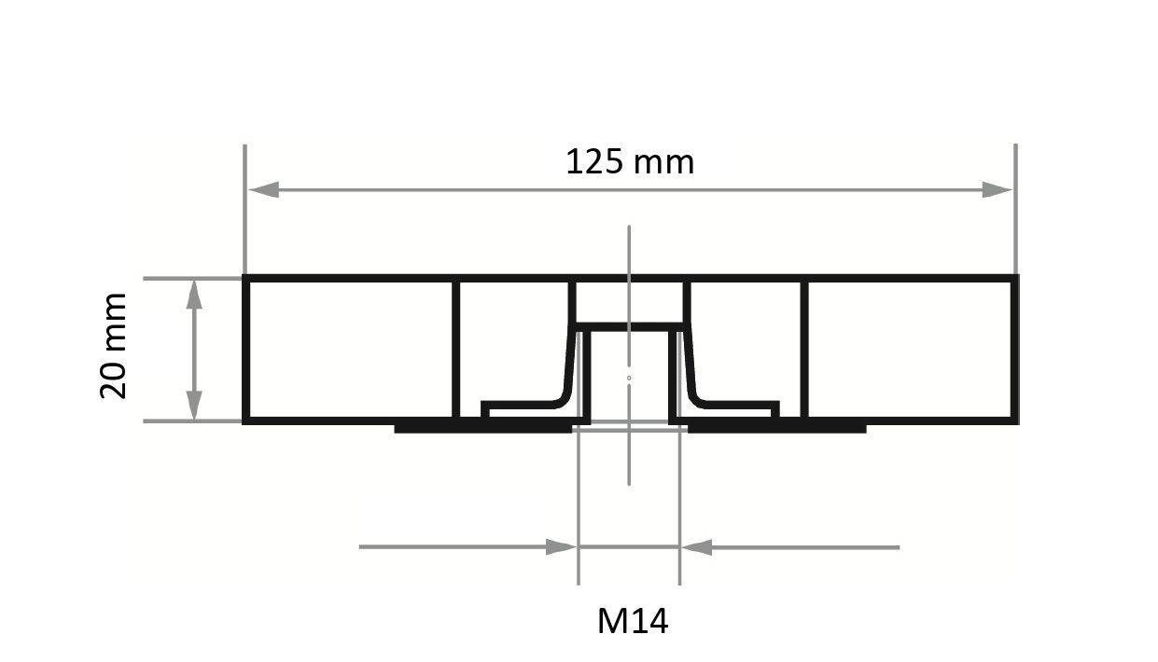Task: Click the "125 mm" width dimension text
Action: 630,161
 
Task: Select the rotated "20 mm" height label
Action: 113,345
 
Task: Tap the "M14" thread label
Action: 633,620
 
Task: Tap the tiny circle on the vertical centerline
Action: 629,378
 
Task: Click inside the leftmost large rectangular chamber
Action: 349,350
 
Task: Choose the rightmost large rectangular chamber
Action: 910,350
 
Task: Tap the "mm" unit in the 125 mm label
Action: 663,162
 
